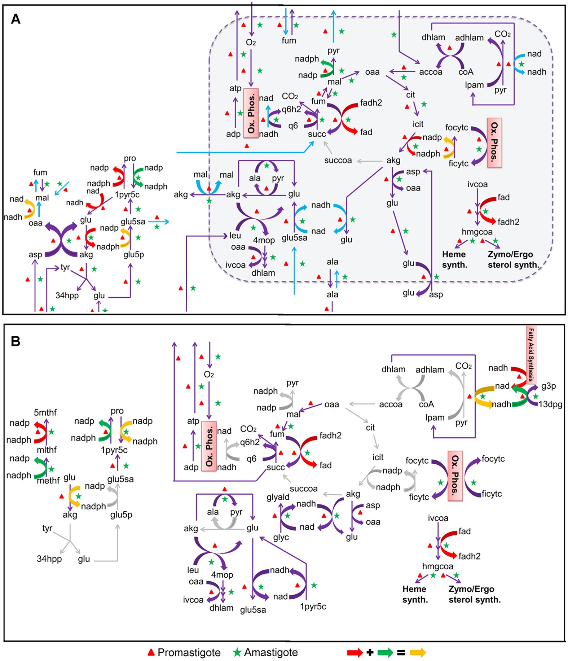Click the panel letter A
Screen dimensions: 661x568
point(16,18)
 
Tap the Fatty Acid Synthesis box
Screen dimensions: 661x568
point(531,354)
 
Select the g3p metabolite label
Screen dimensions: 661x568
point(548,386)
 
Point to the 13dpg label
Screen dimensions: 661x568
point(550,404)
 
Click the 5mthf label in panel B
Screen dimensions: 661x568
point(45,412)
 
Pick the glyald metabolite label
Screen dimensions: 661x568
point(278,497)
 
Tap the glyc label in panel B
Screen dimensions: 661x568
point(281,537)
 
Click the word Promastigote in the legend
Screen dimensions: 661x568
point(189,652)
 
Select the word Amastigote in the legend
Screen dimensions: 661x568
point(271,652)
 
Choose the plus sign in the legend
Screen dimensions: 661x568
point(370,652)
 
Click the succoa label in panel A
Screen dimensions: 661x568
point(338,160)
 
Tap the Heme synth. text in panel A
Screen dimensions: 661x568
point(454,259)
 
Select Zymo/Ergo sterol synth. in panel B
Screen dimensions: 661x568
point(474,594)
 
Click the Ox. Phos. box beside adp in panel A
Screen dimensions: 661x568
point(251,113)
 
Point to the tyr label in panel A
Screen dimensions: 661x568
point(65,267)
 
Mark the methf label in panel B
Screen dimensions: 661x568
point(48,481)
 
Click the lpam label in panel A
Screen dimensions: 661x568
point(474,85)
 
